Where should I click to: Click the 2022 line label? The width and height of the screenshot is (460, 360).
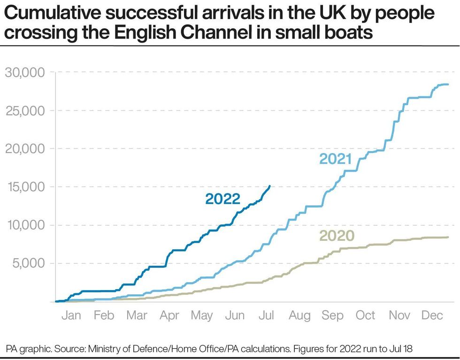[x=222, y=199]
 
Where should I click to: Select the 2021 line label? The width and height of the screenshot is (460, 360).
[x=335, y=159]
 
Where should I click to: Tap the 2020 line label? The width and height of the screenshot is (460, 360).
[x=337, y=236]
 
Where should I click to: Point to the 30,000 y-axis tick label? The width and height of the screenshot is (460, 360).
[x=24, y=73]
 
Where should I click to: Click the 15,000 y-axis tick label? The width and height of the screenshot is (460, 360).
[x=24, y=187]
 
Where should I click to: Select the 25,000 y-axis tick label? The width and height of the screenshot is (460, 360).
[x=24, y=111]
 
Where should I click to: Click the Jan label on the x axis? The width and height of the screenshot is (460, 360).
[x=71, y=315]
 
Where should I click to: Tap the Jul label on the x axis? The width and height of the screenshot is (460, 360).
[x=267, y=315]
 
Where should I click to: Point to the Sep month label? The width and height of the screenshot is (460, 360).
[x=332, y=315]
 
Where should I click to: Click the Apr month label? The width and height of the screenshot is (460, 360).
[x=169, y=315]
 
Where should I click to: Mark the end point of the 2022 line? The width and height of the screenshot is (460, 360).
[x=269, y=186]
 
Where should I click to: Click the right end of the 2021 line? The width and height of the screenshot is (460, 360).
[x=448, y=84]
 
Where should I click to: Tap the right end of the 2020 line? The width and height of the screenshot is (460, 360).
[x=448, y=237]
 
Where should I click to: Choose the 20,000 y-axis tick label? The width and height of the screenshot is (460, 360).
[x=24, y=149]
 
